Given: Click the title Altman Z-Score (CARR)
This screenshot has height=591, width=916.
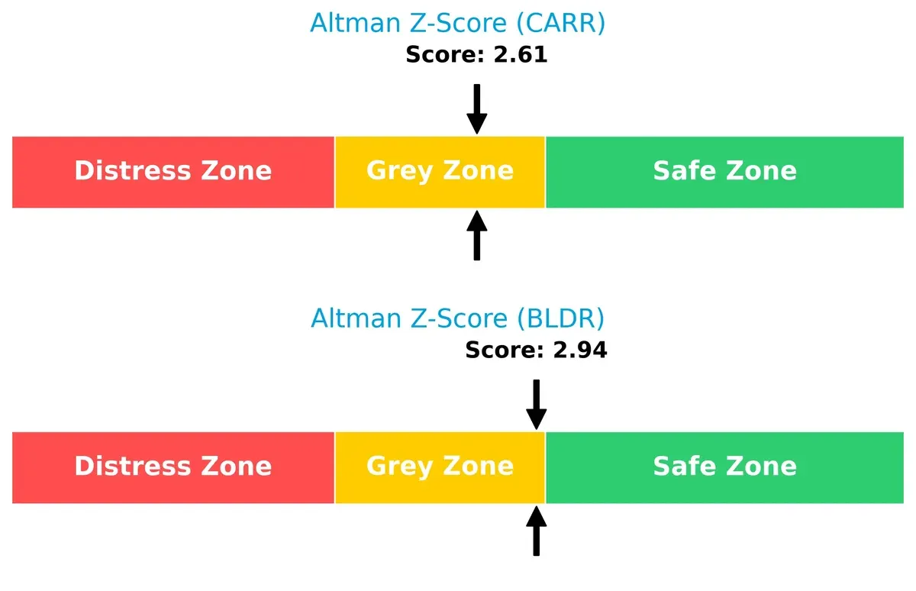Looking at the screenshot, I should coord(457,23).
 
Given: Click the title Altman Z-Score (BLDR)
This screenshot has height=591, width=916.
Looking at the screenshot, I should coord(457,318).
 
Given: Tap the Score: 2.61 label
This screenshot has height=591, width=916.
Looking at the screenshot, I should coord(476,55).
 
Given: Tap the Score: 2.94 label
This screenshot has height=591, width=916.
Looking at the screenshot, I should coord(536,350).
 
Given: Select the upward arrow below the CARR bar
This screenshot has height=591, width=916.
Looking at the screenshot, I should coord(476,236).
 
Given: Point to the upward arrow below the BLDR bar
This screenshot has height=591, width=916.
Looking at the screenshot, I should coord(536,531).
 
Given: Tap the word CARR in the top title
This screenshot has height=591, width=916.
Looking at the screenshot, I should coord(560,23).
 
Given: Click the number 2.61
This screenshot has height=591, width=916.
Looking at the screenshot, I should coord(521,55).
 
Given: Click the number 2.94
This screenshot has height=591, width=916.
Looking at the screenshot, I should coord(580,350).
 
